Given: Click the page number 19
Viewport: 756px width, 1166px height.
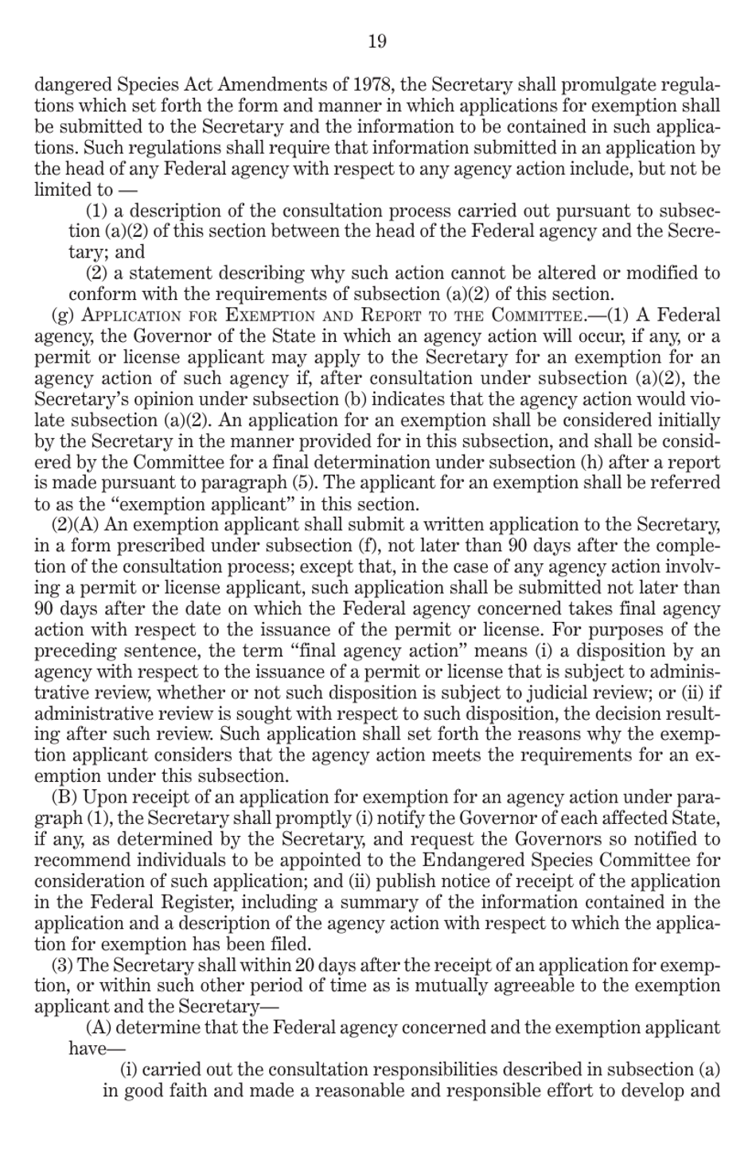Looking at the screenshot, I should tap(377, 41).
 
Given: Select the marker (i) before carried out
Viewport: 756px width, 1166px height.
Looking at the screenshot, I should tap(129, 1070).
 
